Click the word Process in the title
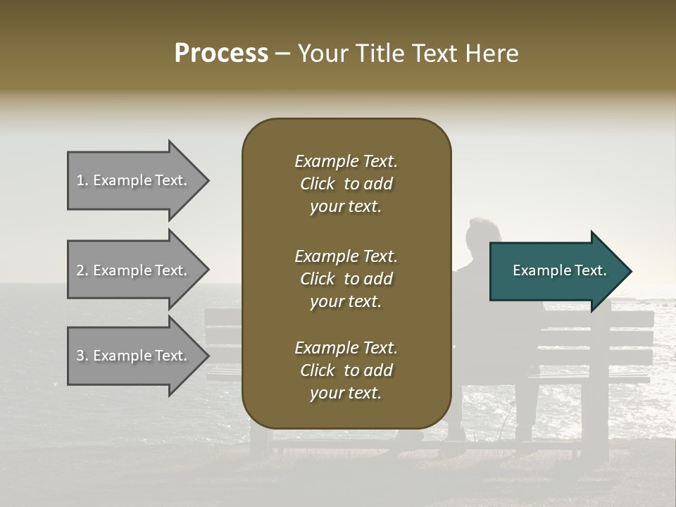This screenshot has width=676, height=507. (x=221, y=54)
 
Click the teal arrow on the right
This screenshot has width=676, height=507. (x=556, y=271)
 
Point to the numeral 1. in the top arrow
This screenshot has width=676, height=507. (x=82, y=180)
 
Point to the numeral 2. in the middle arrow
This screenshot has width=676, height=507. (x=82, y=270)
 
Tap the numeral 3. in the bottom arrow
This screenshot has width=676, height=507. (x=82, y=356)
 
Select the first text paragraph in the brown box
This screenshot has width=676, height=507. (x=346, y=184)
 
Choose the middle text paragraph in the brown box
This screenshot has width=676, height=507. (x=346, y=279)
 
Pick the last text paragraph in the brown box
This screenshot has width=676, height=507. (x=346, y=370)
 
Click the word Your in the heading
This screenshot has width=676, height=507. (x=322, y=54)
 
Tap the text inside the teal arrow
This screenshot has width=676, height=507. (x=559, y=270)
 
